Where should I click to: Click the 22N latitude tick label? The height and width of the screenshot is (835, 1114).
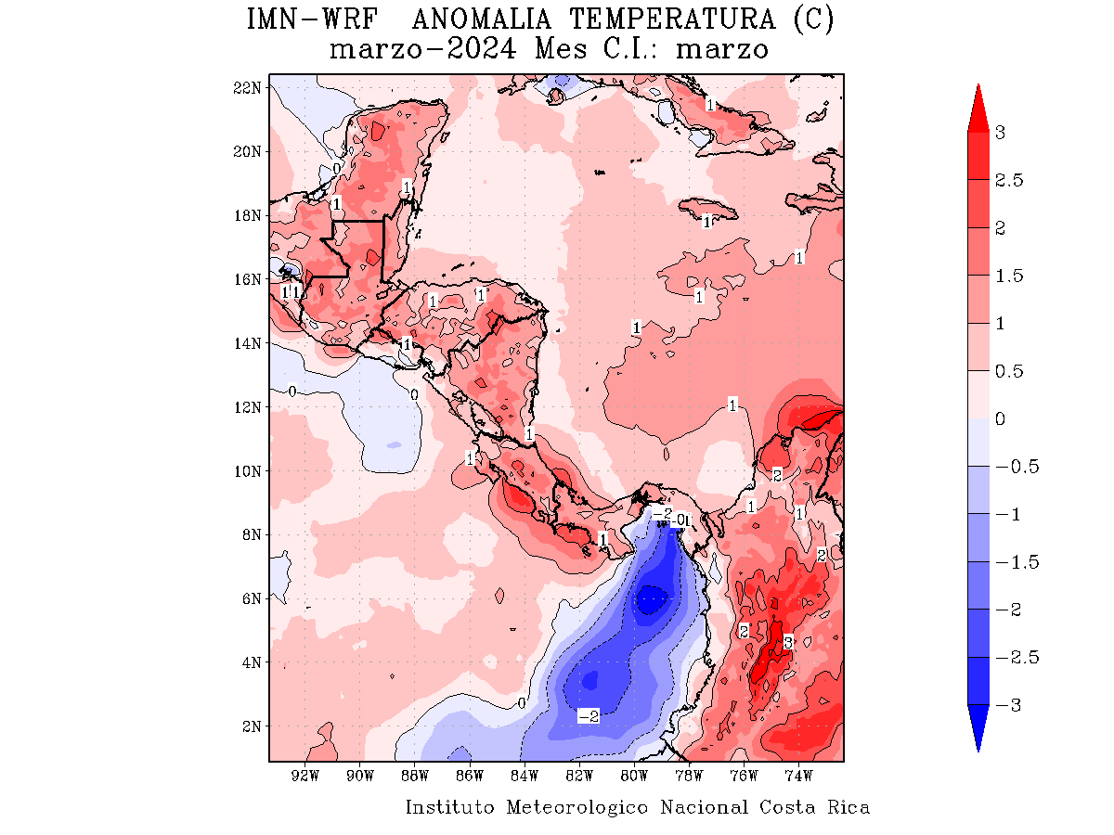click(x=248, y=87)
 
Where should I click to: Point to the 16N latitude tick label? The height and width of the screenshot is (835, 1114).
click(x=248, y=279)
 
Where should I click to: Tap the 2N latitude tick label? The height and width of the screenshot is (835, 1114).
click(x=252, y=726)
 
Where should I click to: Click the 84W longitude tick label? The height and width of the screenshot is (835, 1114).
click(x=525, y=776)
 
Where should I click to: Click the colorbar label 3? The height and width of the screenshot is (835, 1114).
click(x=1000, y=133)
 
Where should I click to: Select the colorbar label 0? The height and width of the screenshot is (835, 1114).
click(x=1000, y=419)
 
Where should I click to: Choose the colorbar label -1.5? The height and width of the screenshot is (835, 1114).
click(x=1017, y=562)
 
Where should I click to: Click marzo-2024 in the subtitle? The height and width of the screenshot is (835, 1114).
click(x=423, y=49)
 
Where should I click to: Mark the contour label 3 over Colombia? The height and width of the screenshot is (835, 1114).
click(x=787, y=642)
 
